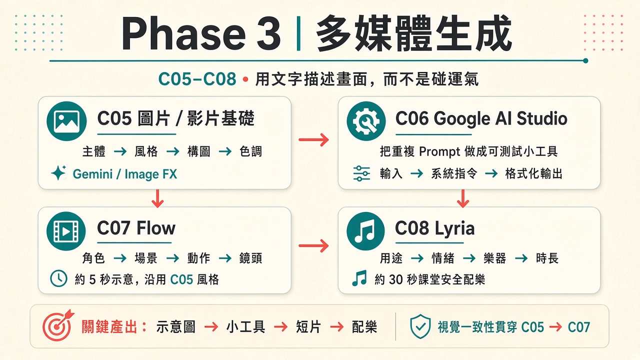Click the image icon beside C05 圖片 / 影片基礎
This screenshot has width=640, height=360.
(x=66, y=121)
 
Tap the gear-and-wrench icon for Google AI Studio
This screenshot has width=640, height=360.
(x=366, y=121)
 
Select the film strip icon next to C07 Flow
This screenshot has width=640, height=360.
(x=66, y=231)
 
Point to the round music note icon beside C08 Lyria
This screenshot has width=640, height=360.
(x=365, y=231)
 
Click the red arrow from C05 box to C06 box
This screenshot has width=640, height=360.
(x=313, y=139)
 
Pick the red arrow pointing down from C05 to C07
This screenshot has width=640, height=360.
(x=157, y=198)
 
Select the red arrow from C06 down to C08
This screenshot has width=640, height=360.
(x=463, y=198)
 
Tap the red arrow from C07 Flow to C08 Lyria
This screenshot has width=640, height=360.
(x=313, y=245)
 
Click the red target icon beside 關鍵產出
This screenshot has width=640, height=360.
(x=58, y=325)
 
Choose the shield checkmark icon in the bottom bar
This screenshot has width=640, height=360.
(x=420, y=326)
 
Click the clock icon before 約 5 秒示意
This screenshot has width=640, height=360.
(x=58, y=278)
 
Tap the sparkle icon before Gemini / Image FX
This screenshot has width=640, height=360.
(x=59, y=172)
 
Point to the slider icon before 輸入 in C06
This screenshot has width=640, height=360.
(x=361, y=173)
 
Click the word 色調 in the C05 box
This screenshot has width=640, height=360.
(x=250, y=151)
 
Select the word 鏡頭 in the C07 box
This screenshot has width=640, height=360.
(x=250, y=258)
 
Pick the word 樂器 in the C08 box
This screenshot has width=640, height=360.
(x=494, y=258)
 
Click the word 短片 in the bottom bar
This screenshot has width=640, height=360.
(x=308, y=327)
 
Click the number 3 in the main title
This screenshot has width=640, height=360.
(x=268, y=33)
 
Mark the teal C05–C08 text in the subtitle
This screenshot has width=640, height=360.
(x=197, y=79)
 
